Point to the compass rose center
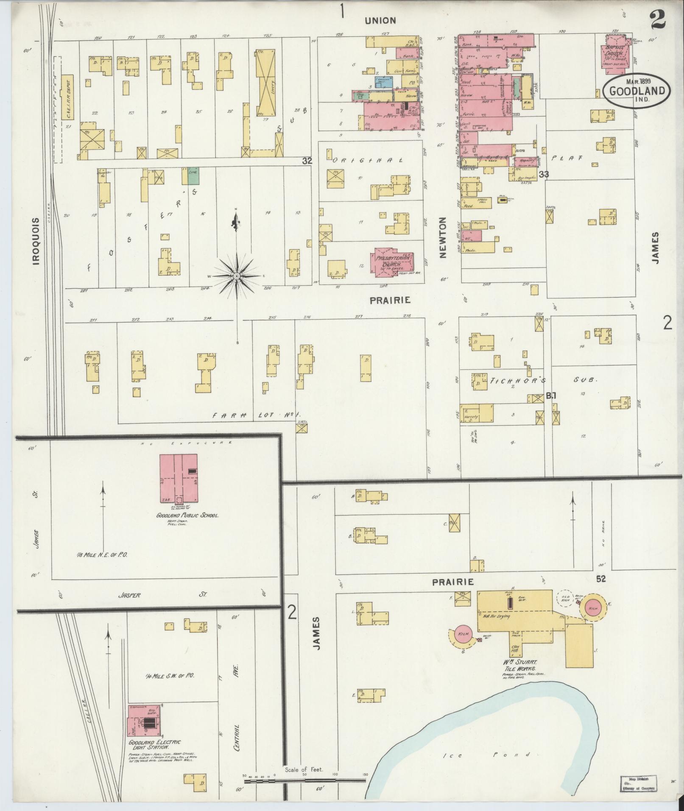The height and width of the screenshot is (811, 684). point(237,276)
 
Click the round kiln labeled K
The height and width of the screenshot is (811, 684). point(594,608)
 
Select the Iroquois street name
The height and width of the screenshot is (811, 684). point(36,242)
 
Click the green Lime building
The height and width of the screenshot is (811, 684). point(193,176)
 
